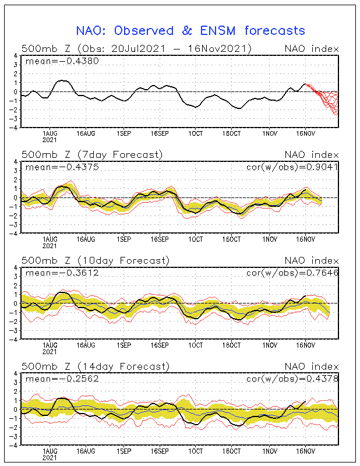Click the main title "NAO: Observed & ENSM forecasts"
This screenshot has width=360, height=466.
pyautogui.click(x=190, y=30)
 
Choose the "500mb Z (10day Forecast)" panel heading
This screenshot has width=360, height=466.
pyautogui.click(x=94, y=260)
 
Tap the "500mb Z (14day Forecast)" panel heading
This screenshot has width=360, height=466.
pyautogui.click(x=94, y=366)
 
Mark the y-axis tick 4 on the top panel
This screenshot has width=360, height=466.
pyautogui.click(x=16, y=56)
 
